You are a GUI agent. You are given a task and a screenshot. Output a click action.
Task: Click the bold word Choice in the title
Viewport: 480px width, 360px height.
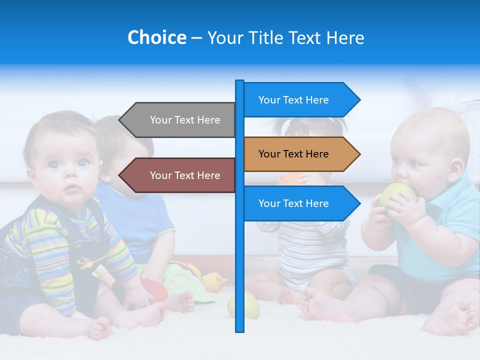156,37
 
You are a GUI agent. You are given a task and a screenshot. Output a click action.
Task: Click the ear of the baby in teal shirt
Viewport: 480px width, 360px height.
455,168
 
